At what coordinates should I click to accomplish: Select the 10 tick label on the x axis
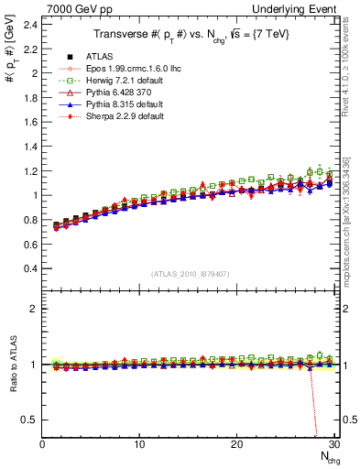139,444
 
